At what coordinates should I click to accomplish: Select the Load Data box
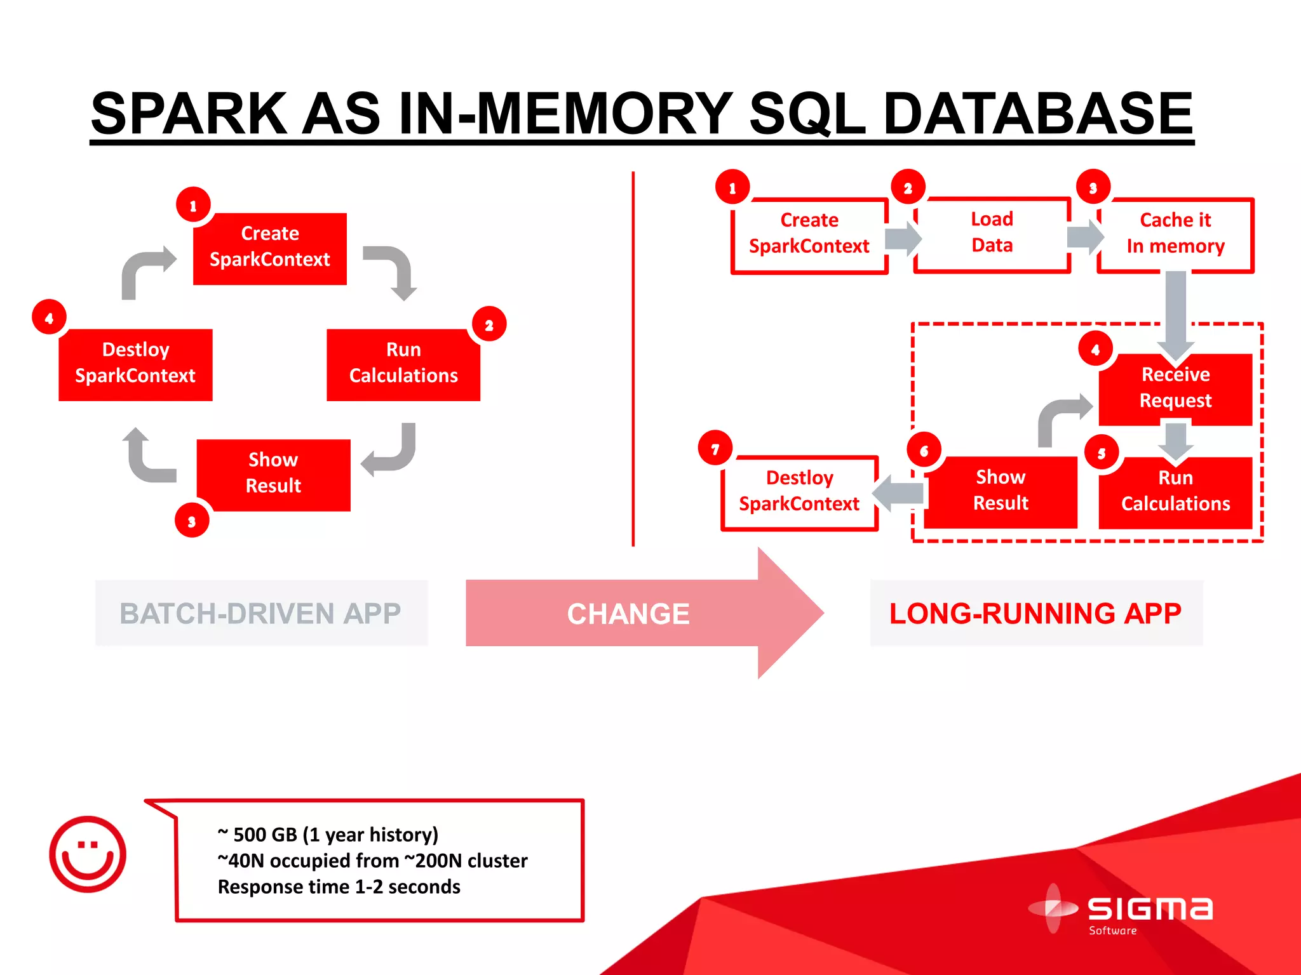[x=992, y=233]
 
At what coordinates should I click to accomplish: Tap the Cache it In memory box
[x=1175, y=234]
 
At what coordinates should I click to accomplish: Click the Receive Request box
[x=1175, y=388]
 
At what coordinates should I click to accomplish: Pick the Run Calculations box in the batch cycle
[x=403, y=364]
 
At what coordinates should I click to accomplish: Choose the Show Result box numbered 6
[x=1001, y=491]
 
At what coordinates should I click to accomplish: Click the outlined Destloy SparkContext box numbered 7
[x=799, y=492]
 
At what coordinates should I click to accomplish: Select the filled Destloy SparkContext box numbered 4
[x=135, y=364]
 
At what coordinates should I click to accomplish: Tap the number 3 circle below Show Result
[x=192, y=521]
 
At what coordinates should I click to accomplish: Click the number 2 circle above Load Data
[x=908, y=187]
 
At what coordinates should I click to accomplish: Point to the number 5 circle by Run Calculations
[x=1101, y=453]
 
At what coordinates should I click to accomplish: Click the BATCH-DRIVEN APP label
[x=260, y=613]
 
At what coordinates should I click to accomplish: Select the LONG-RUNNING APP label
[x=1035, y=613]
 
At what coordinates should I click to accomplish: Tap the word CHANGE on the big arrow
[x=628, y=614]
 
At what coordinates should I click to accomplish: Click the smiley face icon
[x=88, y=854]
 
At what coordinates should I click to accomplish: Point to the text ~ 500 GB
[x=257, y=834]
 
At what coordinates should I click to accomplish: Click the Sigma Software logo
[x=1121, y=911]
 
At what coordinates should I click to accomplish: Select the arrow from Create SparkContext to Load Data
[x=903, y=238]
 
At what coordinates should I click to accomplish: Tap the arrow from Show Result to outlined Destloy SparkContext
[x=899, y=493]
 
